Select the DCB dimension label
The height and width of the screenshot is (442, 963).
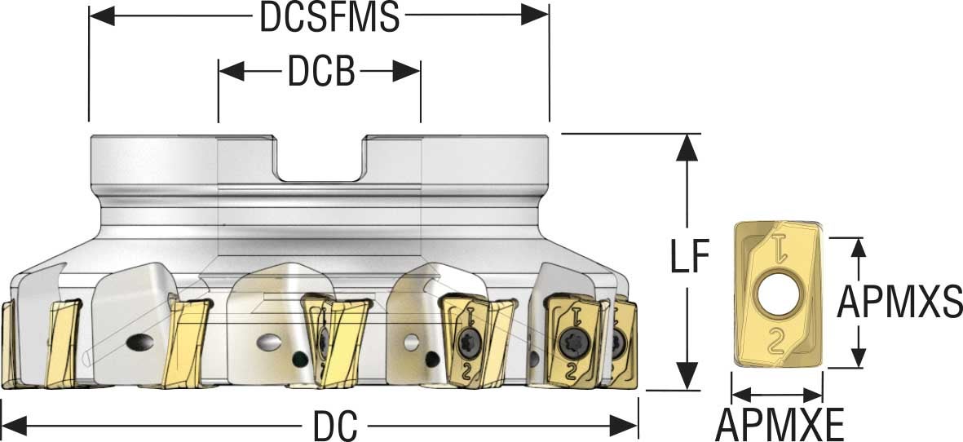[x=320, y=73]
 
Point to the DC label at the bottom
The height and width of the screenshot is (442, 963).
[x=336, y=424]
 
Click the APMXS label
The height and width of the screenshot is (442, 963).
[x=900, y=303]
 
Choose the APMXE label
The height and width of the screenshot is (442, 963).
[x=779, y=424]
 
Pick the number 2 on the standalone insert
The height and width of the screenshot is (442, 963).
[x=778, y=339]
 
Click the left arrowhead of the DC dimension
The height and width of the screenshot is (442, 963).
[x=15, y=424]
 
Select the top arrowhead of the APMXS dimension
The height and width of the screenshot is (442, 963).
[x=857, y=250]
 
